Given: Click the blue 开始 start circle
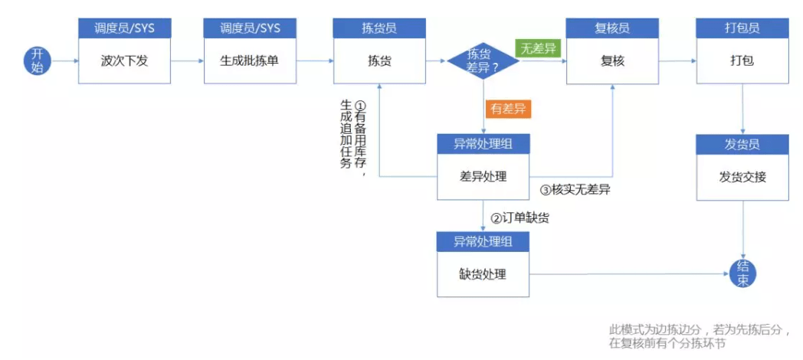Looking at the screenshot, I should (38, 60).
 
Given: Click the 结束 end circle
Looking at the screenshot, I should (743, 273).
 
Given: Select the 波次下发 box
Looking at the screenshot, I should (124, 61).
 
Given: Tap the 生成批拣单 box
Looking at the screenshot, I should (250, 61).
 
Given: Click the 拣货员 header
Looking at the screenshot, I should (379, 28).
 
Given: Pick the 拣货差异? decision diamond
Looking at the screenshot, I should (483, 60).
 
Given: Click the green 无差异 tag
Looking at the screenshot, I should (539, 48).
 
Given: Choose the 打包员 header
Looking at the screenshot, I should (742, 28).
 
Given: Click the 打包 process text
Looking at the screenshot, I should (742, 61).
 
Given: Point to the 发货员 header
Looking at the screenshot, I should (742, 144).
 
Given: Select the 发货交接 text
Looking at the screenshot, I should (742, 177).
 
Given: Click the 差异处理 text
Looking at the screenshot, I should (483, 177).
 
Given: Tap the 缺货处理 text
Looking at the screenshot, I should (483, 274).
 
